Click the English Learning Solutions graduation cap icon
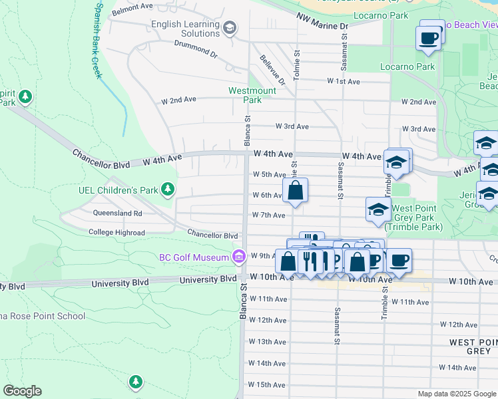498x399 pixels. (x=230, y=27)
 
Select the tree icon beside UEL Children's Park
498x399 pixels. (x=168, y=190)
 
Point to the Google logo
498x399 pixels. (x=22, y=391)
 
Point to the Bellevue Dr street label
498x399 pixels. (x=272, y=70)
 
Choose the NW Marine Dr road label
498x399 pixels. (x=322, y=22)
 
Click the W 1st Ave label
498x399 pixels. (x=343, y=81)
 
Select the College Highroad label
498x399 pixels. (x=117, y=233)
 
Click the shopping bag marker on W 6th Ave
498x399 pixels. (x=295, y=190)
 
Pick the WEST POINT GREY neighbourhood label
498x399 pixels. (x=471, y=346)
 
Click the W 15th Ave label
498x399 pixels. (x=267, y=384)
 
